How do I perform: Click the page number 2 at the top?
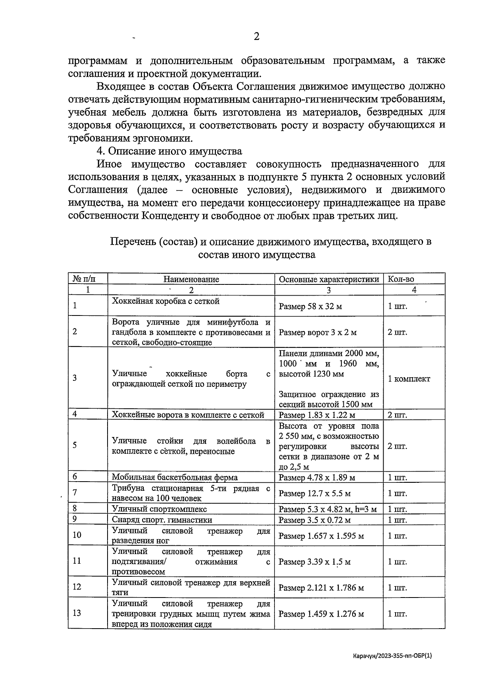point(257,37)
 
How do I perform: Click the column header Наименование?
point(191,279)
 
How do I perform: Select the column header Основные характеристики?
point(329,279)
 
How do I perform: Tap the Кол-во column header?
point(401,279)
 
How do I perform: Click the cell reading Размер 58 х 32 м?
point(310,306)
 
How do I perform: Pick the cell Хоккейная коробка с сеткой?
point(166,301)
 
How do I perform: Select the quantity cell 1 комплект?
point(409,379)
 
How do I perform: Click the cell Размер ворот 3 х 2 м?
point(317,332)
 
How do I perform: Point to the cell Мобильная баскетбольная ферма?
point(174,477)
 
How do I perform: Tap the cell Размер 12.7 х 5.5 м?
point(315,494)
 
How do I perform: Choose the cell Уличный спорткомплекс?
point(159,509)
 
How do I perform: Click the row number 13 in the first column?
point(77,613)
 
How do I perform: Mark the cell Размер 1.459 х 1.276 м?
point(321,614)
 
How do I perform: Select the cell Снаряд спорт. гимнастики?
point(162,520)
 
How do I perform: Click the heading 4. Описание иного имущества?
point(170,151)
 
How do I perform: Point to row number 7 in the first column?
point(75,492)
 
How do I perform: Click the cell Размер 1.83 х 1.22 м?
point(317,415)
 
